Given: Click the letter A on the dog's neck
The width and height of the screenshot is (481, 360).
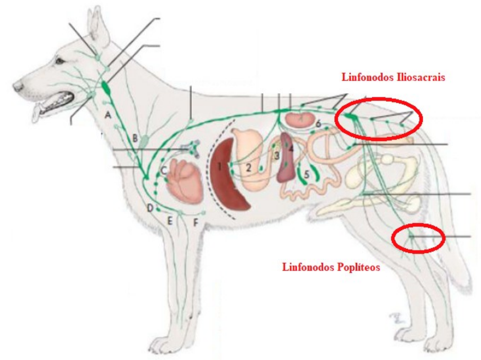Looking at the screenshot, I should [x=108, y=114].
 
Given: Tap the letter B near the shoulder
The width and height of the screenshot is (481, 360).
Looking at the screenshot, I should [x=136, y=139].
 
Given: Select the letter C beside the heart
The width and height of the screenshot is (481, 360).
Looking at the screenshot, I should [x=164, y=170].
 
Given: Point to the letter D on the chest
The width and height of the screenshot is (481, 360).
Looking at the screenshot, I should [x=150, y=208].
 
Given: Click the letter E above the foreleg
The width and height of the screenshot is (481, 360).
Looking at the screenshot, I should [x=170, y=220].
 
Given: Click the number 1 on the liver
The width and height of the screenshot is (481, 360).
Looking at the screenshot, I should [x=219, y=167].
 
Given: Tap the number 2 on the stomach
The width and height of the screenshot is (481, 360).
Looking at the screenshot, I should [x=247, y=167].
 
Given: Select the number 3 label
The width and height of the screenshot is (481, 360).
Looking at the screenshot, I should [x=276, y=156].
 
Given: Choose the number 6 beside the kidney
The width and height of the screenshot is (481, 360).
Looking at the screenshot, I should [x=318, y=123].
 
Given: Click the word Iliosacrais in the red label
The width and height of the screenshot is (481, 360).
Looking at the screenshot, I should [x=419, y=77].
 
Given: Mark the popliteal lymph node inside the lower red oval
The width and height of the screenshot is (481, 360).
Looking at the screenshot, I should [x=411, y=236].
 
